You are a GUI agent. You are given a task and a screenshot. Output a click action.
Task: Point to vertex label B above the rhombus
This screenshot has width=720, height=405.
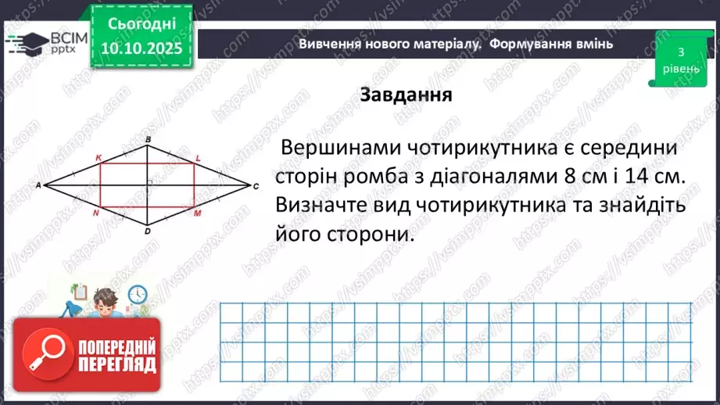148,139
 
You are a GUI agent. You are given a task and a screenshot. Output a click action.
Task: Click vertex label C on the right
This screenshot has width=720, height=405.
256,187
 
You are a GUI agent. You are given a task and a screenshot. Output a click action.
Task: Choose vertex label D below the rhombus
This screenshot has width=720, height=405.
148,231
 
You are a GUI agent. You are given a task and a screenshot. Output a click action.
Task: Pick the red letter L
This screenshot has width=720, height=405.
198,158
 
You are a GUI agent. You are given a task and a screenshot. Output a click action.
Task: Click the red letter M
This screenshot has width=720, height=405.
198,213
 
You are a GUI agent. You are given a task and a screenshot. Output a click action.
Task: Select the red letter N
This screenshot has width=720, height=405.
95,213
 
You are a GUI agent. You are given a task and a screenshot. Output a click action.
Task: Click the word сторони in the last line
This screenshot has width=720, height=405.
370,233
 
